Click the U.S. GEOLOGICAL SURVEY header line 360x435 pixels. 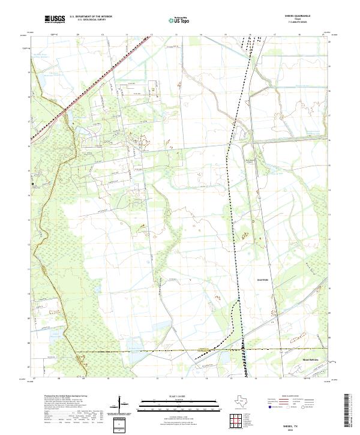(x=91, y=20)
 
